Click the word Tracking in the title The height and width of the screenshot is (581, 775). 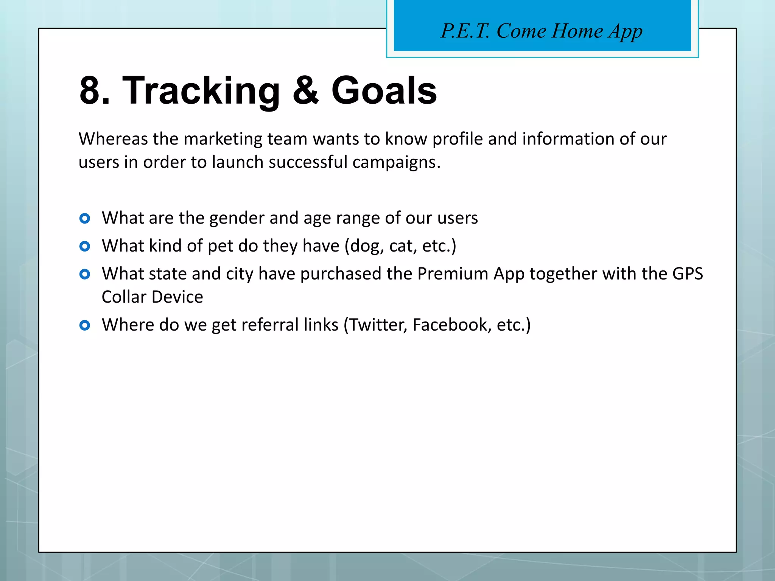tap(201, 91)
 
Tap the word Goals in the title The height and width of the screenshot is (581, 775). tap(384, 91)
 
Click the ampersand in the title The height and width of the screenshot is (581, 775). tap(306, 91)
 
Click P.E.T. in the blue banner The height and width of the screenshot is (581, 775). tap(465, 31)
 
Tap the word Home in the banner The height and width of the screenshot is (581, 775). tap(577, 31)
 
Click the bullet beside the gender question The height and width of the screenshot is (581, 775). tap(85, 218)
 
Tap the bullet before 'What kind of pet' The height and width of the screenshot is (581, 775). tap(85, 247)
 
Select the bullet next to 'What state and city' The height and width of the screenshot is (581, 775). tap(85, 274)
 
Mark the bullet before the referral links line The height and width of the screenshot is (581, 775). tap(85, 325)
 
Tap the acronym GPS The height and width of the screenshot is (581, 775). tap(687, 274)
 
